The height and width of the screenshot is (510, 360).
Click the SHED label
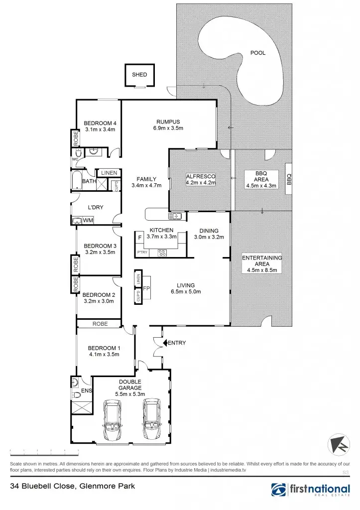click(139, 75)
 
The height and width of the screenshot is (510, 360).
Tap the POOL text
click(258, 53)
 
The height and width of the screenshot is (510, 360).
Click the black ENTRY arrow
click(166, 343)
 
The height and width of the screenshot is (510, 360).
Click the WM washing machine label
click(88, 220)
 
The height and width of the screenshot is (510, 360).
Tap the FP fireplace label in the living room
click(147, 289)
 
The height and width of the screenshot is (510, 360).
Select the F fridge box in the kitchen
click(140, 238)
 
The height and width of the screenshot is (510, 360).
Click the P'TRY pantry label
click(142, 253)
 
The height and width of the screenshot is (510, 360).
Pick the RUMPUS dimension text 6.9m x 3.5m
click(168, 128)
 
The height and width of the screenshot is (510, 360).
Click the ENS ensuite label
click(86, 391)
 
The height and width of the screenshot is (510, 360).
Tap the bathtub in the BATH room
click(76, 181)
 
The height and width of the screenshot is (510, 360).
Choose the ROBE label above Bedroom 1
click(100, 324)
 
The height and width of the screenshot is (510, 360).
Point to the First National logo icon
click(279, 490)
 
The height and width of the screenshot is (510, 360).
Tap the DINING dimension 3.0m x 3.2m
click(209, 237)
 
